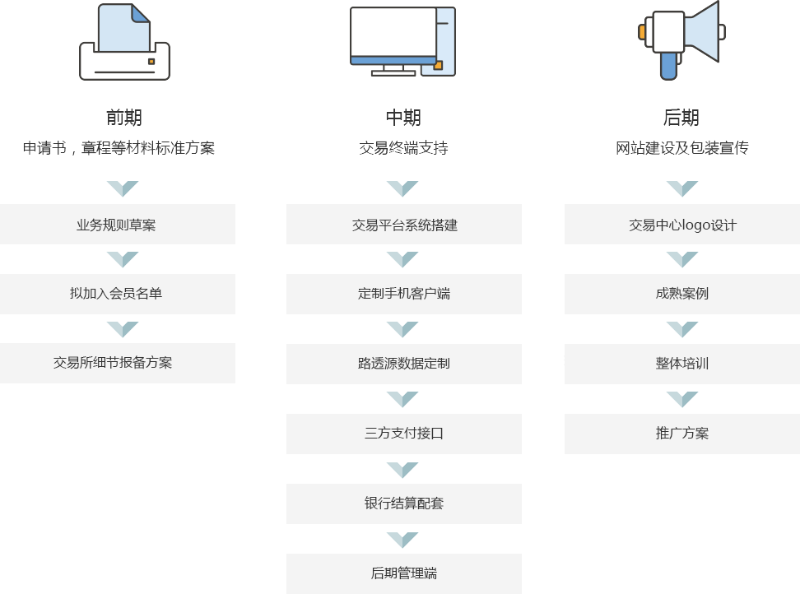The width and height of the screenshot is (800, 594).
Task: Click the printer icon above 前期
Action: click(124, 42)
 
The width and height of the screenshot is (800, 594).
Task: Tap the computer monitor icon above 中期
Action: click(403, 41)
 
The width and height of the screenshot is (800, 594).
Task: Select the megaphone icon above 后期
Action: click(681, 40)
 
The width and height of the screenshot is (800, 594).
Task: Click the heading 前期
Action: click(124, 118)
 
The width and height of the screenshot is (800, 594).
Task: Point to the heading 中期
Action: click(403, 118)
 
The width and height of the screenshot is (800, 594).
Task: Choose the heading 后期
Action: click(681, 118)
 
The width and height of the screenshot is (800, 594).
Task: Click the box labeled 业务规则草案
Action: click(118, 225)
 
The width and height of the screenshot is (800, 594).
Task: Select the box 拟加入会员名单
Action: click(118, 294)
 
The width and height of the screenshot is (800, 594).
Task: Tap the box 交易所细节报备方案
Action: click(118, 363)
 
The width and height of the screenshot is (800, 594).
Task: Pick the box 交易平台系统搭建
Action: click(404, 225)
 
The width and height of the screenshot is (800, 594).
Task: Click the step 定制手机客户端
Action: click(404, 294)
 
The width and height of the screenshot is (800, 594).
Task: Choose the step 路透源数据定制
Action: click(404, 364)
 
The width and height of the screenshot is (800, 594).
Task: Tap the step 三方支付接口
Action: click(404, 434)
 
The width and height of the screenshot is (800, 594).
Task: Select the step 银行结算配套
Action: click(404, 504)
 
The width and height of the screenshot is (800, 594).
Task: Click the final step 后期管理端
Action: click(404, 573)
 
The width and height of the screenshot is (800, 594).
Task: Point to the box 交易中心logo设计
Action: click(682, 225)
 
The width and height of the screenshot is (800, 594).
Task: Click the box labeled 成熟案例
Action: click(682, 294)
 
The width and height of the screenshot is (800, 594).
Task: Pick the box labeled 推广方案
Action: click(682, 434)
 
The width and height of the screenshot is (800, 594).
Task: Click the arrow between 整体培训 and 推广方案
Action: click(682, 399)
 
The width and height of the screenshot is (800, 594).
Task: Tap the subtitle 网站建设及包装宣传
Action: click(682, 148)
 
